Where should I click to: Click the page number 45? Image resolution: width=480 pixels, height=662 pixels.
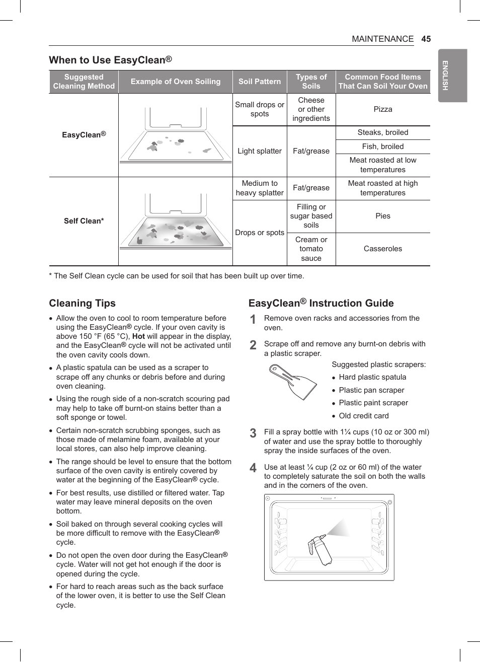click(426, 39)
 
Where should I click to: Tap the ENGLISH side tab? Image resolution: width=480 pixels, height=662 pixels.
click(445, 76)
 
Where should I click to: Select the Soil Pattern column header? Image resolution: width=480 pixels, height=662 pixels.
click(260, 82)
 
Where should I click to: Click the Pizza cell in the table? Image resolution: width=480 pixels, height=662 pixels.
click(382, 109)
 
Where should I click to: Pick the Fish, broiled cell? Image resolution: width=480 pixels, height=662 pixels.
click(382, 146)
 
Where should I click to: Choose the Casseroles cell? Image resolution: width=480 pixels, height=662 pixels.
click(382, 249)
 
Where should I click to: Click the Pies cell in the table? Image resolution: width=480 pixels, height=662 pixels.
click(382, 216)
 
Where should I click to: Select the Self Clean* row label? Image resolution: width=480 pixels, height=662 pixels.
click(84, 221)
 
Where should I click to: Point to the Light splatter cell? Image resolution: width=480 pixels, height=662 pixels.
click(260, 151)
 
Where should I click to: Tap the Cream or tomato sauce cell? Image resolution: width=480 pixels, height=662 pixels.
click(311, 249)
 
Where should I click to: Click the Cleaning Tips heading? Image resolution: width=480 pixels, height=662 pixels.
click(82, 303)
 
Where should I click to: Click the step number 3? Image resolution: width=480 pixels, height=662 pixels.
click(253, 433)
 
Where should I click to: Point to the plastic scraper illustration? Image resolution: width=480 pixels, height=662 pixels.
click(292, 382)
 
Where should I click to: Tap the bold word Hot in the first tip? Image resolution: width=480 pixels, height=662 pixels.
click(138, 336)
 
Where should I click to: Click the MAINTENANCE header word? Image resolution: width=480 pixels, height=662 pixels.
click(382, 39)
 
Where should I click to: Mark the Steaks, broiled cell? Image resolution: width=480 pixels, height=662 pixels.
click(382, 132)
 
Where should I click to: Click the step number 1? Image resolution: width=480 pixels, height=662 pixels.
click(253, 320)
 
